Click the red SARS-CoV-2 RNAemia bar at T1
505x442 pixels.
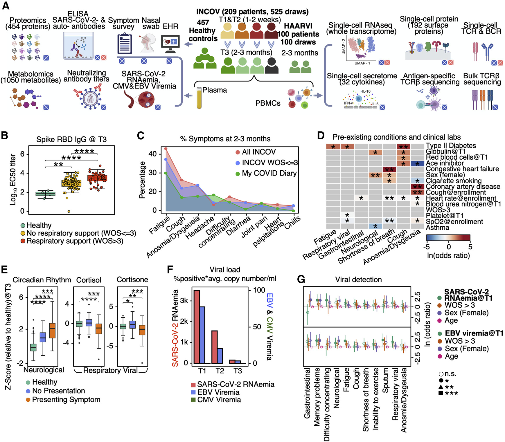click(197, 326)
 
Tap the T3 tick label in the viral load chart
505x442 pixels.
click(238, 371)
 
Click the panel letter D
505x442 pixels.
click(321, 136)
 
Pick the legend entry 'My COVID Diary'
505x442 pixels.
click(269, 173)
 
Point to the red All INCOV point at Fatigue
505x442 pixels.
click(166, 149)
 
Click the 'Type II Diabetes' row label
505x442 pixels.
click(451, 146)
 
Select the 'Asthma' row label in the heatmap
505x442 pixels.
click(437, 228)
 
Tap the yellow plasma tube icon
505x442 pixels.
click(199, 98)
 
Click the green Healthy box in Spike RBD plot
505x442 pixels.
click(46, 194)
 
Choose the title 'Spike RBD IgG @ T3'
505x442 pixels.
click(71, 140)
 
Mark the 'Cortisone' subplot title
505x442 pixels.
click(132, 280)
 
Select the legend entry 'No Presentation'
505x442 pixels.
click(58, 391)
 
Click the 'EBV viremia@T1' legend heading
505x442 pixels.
click(474, 333)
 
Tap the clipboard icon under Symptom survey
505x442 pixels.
click(125, 44)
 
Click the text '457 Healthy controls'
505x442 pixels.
click(203, 30)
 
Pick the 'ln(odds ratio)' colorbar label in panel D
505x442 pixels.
click(448, 255)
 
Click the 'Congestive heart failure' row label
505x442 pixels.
click(462, 169)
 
